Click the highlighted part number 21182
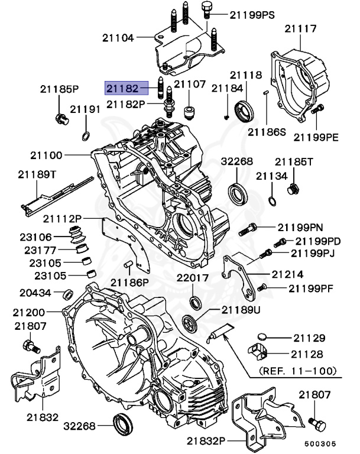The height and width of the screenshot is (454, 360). point(122,88)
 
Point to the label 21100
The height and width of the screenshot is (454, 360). point(47,156)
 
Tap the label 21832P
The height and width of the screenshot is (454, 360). point(207,440)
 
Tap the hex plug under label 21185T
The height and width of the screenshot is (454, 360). point(291,190)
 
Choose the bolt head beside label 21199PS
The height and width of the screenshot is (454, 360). point(206,9)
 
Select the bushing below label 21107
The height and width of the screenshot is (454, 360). point(190,111)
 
